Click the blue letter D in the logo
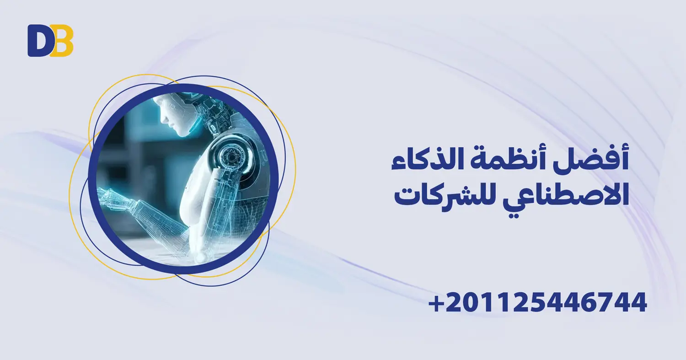[38, 41]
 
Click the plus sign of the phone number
[438, 303]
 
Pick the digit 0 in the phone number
[471, 303]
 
